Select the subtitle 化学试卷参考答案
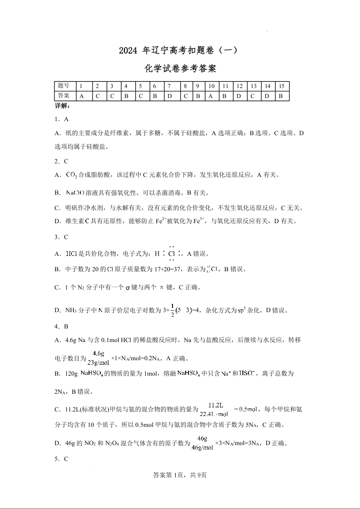point(180,69)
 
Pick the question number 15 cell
point(281,86)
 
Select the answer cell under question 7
point(169,96)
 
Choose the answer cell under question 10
point(211,96)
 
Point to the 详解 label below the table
point(62,106)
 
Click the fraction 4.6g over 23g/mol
point(98,358)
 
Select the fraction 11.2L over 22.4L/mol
point(214,409)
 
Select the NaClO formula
point(75,193)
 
